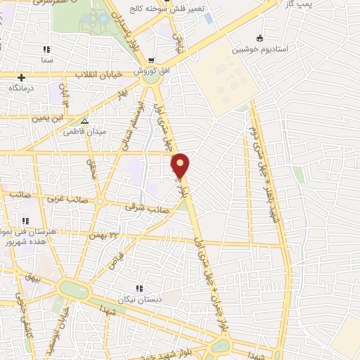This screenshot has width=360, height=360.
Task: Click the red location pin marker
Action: point(181,166)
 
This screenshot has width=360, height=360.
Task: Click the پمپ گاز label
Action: point(334,4)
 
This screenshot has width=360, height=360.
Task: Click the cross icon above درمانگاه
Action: point(22,77)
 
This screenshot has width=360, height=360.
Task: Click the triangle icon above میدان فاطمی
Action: point(84,121)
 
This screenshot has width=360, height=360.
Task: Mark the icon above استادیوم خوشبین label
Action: point(259,38)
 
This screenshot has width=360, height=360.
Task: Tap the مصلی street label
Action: point(91,169)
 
